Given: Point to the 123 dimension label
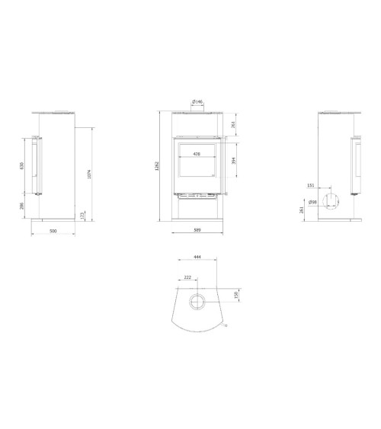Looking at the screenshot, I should click(x=83, y=216).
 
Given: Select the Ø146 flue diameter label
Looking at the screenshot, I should click(x=196, y=101).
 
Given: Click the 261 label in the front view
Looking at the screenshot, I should click(x=232, y=125).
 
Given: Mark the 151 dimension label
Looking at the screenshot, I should click(x=310, y=185).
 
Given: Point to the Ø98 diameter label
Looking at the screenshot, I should click(x=313, y=202).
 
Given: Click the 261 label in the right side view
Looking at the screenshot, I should click(x=303, y=210).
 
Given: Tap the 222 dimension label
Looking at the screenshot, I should click(x=187, y=278).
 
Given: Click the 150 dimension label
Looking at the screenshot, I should click(x=236, y=294).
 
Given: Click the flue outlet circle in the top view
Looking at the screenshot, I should click(x=197, y=301).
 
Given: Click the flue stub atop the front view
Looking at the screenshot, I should click(x=196, y=110).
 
